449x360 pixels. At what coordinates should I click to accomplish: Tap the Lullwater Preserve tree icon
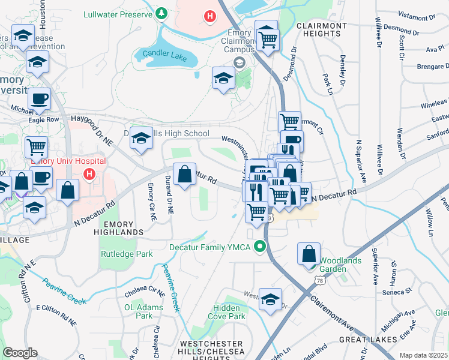[x=161, y=13]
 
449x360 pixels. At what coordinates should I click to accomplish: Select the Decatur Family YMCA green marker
[x=259, y=246]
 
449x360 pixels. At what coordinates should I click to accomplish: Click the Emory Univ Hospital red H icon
[x=89, y=175]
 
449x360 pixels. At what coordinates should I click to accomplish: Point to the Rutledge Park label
[x=127, y=254]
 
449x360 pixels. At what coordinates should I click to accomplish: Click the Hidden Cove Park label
[x=229, y=312]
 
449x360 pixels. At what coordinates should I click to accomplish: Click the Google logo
[x=20, y=353]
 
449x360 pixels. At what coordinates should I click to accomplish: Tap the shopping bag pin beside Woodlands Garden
[x=309, y=254]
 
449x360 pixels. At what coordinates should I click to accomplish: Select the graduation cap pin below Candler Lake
[x=223, y=79]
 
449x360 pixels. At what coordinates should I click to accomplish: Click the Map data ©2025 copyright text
[x=424, y=355]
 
